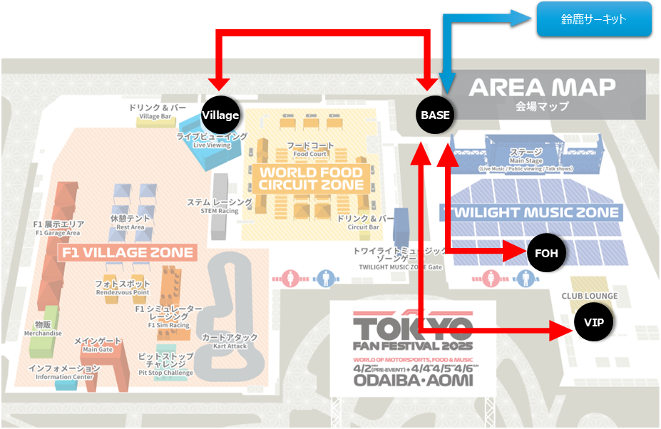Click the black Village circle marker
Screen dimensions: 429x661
click(x=220, y=115)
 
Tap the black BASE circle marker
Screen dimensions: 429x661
click(x=435, y=115)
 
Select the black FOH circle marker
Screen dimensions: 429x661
click(x=545, y=252)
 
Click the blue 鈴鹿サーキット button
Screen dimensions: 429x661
click(x=594, y=19)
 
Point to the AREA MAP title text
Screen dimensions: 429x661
click(x=542, y=88)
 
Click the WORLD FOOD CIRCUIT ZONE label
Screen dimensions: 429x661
click(x=311, y=178)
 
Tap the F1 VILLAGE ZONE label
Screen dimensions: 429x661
click(x=126, y=253)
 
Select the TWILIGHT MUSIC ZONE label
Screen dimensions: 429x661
click(x=531, y=212)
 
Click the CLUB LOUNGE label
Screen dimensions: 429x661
click(x=589, y=296)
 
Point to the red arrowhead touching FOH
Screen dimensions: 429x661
click(x=518, y=252)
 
